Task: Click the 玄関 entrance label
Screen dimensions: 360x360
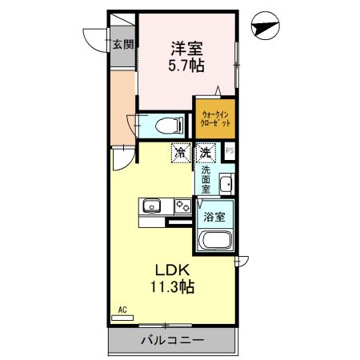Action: point(122,46)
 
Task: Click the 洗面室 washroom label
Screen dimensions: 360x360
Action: point(206,181)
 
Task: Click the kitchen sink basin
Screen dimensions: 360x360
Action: point(152,206)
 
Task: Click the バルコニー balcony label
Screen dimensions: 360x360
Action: point(174,341)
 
